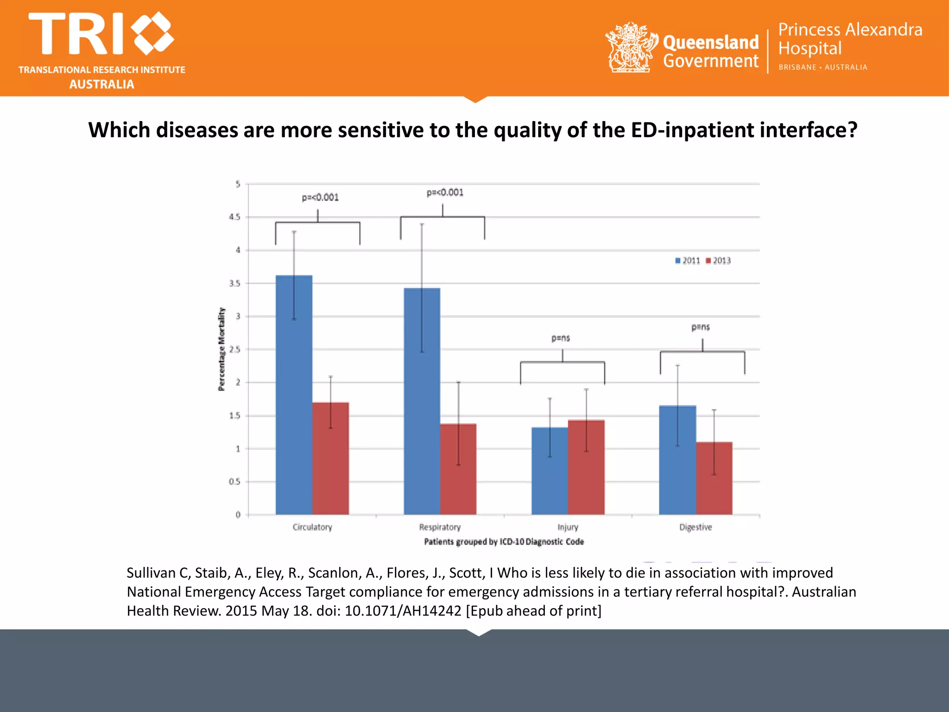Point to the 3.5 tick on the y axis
click(x=235, y=283)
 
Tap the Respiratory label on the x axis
click(x=440, y=527)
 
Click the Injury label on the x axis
click(x=568, y=527)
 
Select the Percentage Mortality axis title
click(x=221, y=349)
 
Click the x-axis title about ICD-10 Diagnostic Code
click(x=504, y=541)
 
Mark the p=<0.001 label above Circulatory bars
click(x=320, y=197)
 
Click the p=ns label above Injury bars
click(x=561, y=338)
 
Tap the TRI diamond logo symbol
click(x=152, y=33)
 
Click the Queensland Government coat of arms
click(x=631, y=47)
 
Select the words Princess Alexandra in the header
click(x=850, y=30)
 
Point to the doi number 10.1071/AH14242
click(x=403, y=611)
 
